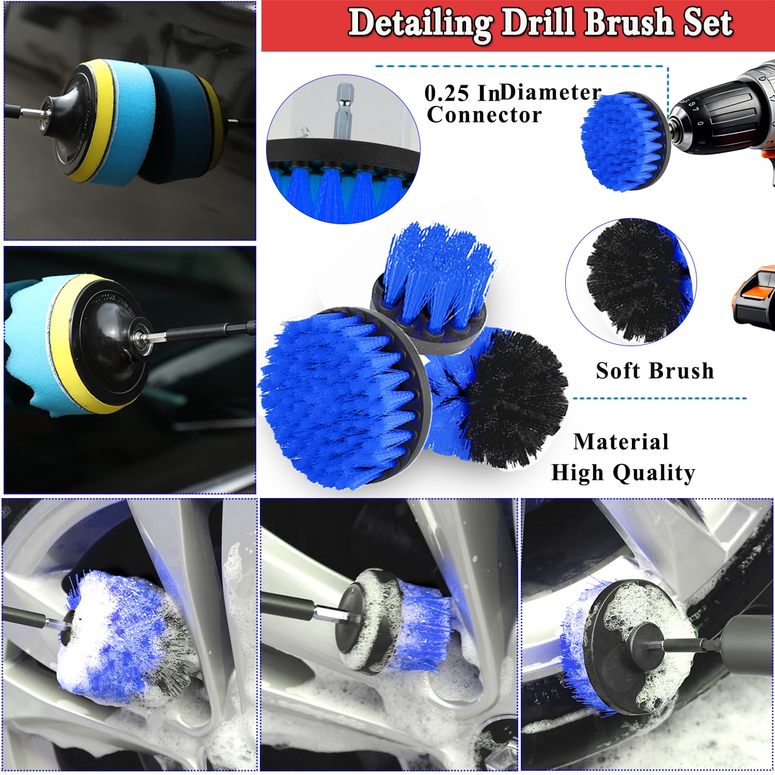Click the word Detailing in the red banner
coord(420,24)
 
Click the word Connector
coord(484,115)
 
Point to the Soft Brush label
coord(655,371)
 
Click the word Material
coord(621,442)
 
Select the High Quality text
coord(623,473)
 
